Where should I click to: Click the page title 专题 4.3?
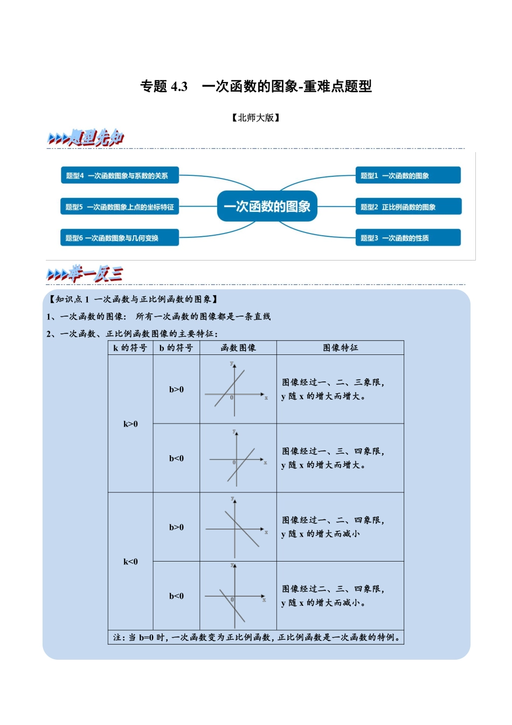click(256, 86)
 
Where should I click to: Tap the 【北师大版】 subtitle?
click(256, 118)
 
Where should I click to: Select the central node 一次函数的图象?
click(267, 206)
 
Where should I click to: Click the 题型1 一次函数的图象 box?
click(407, 175)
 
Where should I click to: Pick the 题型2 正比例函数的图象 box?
click(407, 207)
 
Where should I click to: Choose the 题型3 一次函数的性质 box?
click(407, 238)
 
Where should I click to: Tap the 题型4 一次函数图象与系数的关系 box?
click(119, 175)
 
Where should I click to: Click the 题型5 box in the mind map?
click(119, 207)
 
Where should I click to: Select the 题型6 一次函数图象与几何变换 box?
click(119, 238)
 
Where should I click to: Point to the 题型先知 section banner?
click(86, 138)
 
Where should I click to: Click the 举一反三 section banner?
click(85, 275)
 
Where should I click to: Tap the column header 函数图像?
click(238, 348)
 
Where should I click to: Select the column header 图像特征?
click(340, 348)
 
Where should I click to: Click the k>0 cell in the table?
click(130, 424)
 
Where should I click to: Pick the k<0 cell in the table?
click(130, 562)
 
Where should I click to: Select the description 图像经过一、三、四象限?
click(333, 452)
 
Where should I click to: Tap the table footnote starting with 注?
click(256, 638)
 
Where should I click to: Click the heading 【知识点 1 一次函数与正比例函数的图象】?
click(133, 299)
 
